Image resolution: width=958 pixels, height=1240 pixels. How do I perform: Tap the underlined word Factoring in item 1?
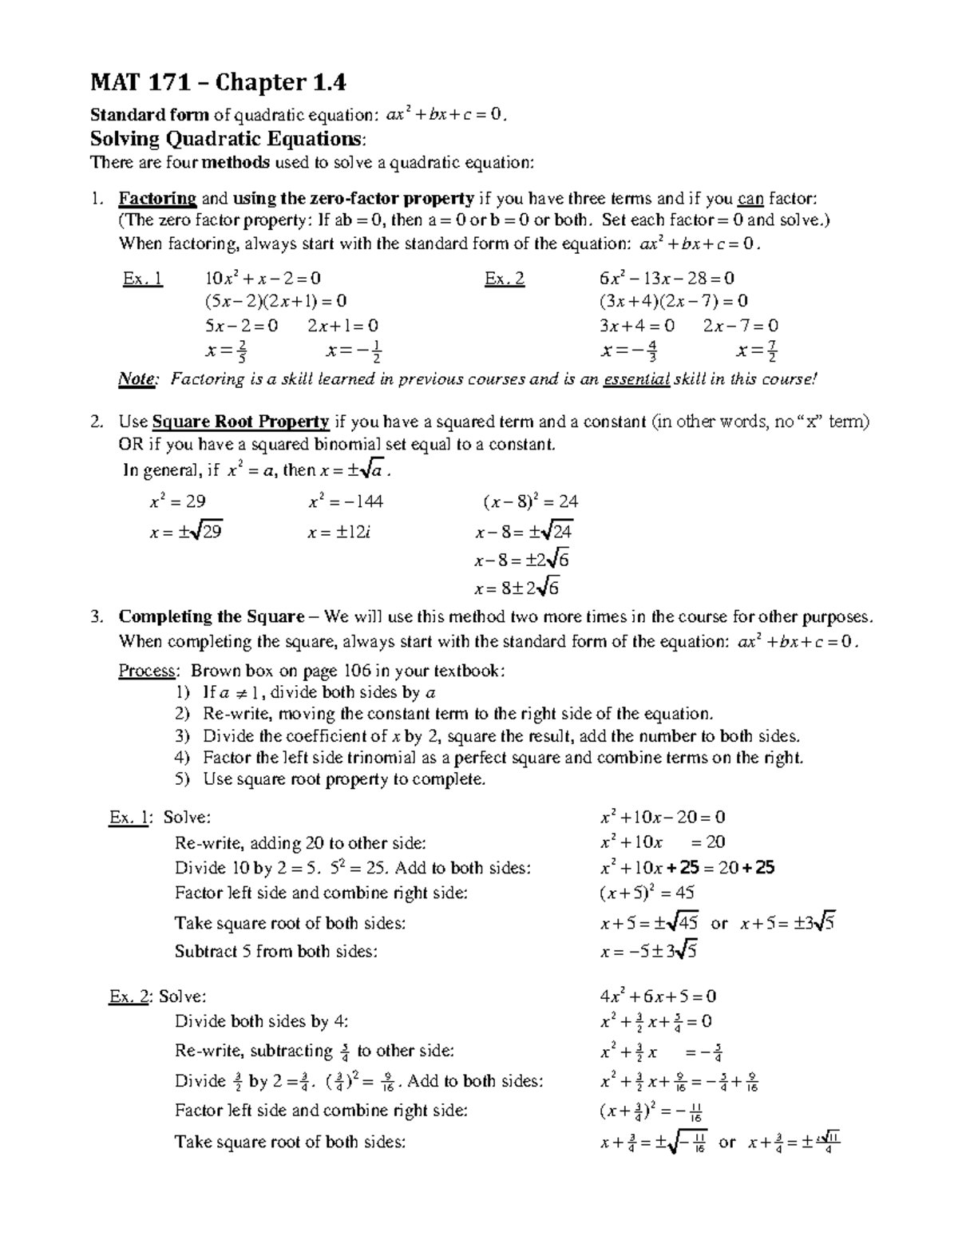[157, 198]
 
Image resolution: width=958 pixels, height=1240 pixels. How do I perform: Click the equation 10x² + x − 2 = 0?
[263, 278]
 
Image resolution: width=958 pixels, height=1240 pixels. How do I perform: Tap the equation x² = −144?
[346, 501]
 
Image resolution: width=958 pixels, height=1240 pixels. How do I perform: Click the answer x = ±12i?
[338, 533]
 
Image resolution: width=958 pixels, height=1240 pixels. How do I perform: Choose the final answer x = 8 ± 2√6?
[517, 589]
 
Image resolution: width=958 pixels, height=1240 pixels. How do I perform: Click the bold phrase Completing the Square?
[212, 616]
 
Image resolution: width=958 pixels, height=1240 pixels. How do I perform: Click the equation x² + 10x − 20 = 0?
[663, 817]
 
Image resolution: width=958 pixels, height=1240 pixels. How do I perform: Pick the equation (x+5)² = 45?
[647, 893]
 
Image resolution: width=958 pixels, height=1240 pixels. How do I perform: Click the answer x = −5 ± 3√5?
[650, 951]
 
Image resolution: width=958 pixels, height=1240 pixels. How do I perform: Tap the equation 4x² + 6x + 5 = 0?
[658, 996]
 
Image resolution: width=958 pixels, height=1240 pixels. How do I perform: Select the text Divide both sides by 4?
[262, 1020]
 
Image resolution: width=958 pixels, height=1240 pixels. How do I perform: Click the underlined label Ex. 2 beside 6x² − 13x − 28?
[505, 279]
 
